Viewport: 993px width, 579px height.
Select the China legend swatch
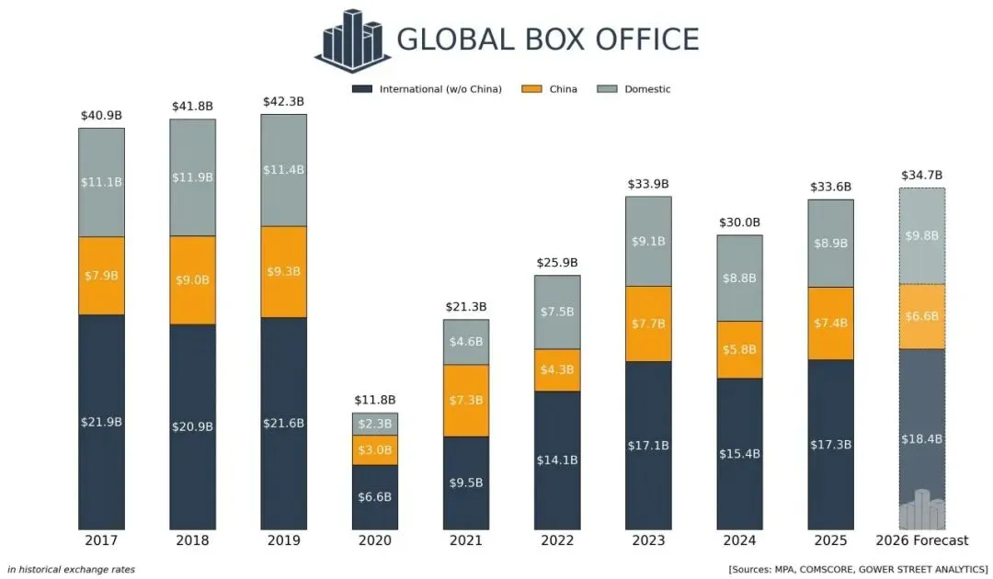pos(531,89)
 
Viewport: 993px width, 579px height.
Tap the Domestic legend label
pos(647,89)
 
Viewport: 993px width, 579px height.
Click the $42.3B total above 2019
pos(283,101)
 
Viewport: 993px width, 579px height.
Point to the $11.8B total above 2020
pos(374,400)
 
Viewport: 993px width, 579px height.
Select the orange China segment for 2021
pos(465,400)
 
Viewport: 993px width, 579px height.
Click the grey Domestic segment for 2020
pos(374,424)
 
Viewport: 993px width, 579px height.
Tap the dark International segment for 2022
pos(557,460)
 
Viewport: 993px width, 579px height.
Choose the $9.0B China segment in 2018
pos(192,279)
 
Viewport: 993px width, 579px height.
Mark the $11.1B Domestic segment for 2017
pos(101,182)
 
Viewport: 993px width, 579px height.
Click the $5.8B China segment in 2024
pos(739,349)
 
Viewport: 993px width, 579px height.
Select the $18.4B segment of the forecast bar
pos(921,438)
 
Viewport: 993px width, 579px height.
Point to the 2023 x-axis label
pos(648,540)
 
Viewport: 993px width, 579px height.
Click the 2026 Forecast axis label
pos(921,540)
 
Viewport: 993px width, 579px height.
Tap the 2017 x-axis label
pos(101,540)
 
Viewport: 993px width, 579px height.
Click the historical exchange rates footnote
pos(71,570)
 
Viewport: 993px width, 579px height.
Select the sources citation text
pos(858,570)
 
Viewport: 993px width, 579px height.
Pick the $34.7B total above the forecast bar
pos(921,175)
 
